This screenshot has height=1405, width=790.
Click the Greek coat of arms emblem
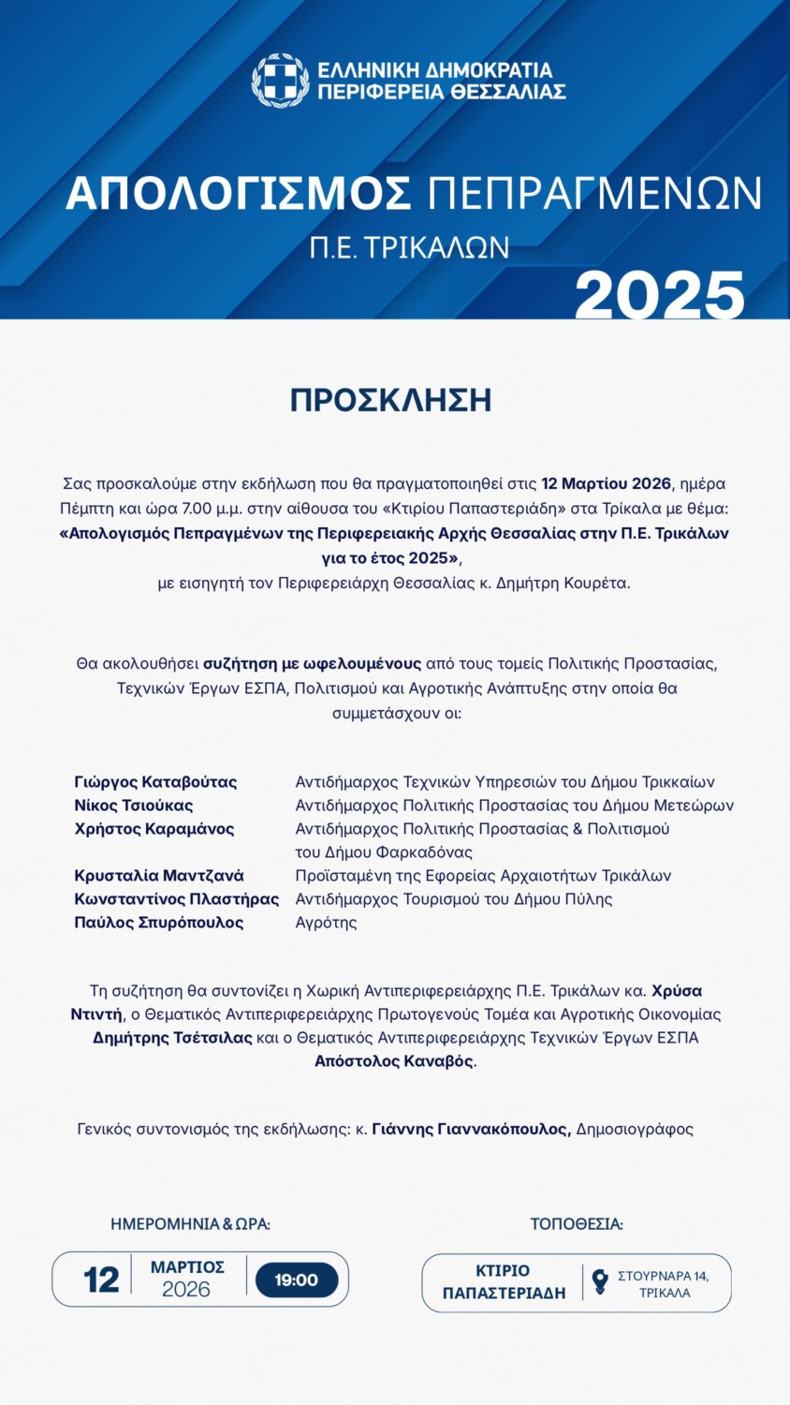[280, 81]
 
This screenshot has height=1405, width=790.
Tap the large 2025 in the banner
[660, 296]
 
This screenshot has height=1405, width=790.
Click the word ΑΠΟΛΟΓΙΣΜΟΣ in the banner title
[239, 194]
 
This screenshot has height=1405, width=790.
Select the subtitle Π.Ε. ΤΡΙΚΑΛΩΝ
[409, 247]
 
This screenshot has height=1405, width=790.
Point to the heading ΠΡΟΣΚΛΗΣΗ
[390, 400]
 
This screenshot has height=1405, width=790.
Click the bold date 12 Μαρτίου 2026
[606, 483]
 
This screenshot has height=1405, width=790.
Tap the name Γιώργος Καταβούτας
[155, 782]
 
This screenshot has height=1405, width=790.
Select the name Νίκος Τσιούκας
[134, 806]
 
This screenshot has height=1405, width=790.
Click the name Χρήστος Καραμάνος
[154, 829]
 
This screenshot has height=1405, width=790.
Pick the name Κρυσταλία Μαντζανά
[159, 876]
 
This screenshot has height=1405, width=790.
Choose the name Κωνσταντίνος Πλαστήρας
[177, 899]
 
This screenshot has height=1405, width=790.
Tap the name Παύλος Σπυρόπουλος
[159, 923]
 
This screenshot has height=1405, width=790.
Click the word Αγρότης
[326, 923]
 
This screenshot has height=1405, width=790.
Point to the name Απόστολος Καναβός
[393, 1061]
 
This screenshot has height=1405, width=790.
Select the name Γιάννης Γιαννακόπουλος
[471, 1130]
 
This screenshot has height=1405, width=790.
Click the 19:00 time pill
[297, 1280]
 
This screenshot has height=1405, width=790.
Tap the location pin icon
[600, 1280]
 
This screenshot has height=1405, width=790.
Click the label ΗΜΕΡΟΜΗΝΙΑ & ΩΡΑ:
[190, 1224]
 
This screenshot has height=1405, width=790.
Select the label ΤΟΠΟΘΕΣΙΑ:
[577, 1224]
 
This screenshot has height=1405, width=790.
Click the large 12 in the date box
[101, 1280]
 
